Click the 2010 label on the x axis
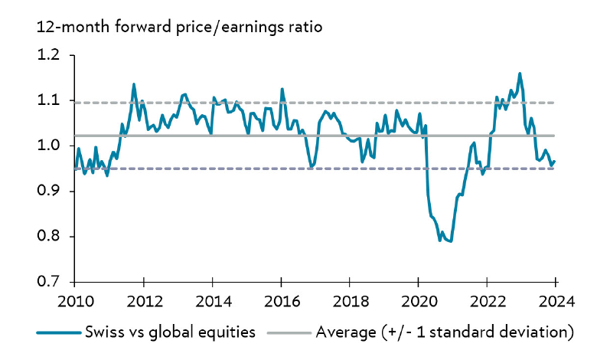click(x=74, y=301)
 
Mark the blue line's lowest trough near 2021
click(x=451, y=241)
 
